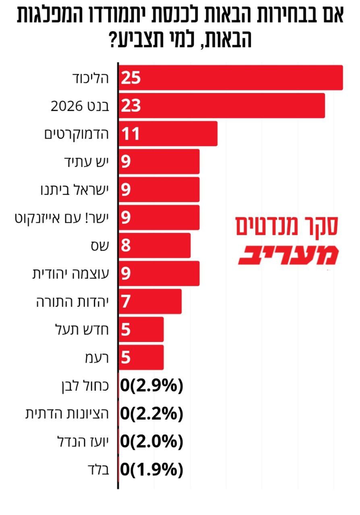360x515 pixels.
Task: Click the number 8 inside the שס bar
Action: [x=126, y=245]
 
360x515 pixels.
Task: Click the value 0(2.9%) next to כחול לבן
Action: [x=152, y=385]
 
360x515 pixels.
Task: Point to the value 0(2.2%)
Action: [x=152, y=414]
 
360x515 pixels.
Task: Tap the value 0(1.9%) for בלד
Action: [x=152, y=470]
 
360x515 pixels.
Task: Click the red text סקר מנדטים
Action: [x=286, y=227]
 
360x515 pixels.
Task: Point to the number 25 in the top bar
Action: [x=130, y=78]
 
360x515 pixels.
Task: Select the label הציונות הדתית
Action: [x=67, y=414]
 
